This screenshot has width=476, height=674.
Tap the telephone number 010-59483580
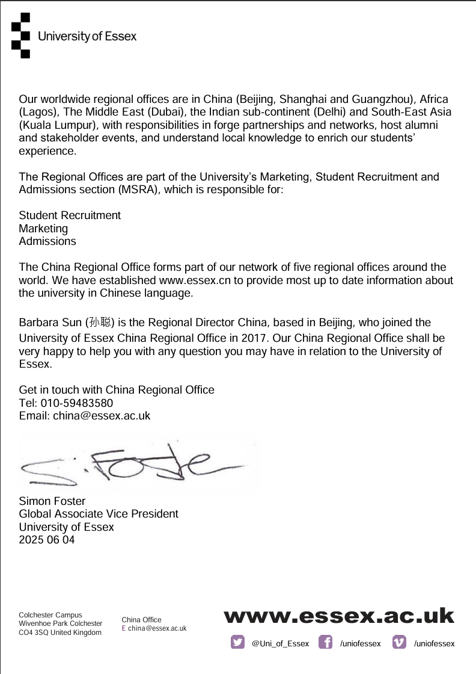click(x=77, y=403)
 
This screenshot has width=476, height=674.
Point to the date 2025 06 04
click(x=47, y=540)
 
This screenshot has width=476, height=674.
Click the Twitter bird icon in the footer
click(x=237, y=642)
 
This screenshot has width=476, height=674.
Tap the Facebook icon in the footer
click(x=325, y=642)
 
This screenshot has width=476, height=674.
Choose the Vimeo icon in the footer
click(x=399, y=642)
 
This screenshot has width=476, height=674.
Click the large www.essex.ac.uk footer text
click(x=339, y=616)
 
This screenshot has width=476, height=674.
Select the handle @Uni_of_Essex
click(x=280, y=643)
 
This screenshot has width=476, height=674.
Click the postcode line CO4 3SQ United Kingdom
click(x=60, y=632)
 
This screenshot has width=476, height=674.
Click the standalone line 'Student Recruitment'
click(x=70, y=215)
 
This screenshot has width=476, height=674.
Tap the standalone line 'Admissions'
click(x=47, y=241)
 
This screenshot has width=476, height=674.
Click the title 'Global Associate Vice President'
click(x=99, y=514)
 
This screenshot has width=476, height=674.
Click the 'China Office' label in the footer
click(x=141, y=620)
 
